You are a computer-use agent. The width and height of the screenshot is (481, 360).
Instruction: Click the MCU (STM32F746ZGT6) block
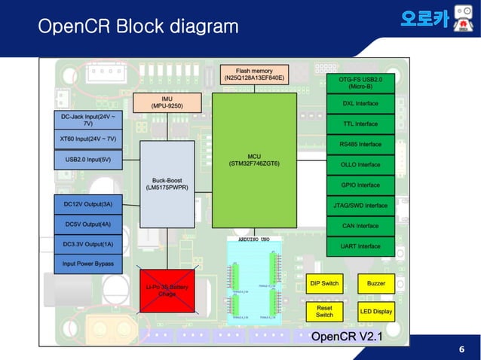point(253,160)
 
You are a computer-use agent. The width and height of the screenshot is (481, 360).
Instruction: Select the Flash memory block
point(253,75)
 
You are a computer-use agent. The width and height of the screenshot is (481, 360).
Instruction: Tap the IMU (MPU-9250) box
point(167,102)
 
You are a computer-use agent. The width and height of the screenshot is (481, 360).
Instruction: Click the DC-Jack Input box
point(87,120)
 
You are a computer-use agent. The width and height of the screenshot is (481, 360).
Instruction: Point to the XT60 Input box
point(87,139)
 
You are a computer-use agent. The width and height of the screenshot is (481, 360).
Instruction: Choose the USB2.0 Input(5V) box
point(87,160)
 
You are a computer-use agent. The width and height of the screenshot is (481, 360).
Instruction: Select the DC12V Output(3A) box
point(87,204)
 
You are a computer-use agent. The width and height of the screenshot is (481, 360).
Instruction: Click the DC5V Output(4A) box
point(87,224)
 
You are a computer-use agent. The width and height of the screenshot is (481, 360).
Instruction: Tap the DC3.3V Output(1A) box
point(87,244)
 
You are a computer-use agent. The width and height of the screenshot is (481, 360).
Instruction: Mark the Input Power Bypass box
point(87,264)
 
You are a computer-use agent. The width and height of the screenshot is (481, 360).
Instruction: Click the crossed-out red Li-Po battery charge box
point(167,289)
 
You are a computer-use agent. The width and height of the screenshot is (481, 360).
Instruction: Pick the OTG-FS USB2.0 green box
point(360,83)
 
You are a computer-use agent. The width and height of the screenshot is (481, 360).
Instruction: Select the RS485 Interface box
point(360,144)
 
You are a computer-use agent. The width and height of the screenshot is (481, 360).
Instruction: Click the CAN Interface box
point(360,226)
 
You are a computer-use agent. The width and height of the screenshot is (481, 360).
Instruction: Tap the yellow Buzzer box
point(375,284)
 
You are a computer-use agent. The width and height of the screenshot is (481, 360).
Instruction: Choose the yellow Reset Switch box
point(324,311)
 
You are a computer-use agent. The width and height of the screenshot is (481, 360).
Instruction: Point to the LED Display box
point(375,311)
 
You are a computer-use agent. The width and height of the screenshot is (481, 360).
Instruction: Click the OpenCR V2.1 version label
point(346,336)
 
